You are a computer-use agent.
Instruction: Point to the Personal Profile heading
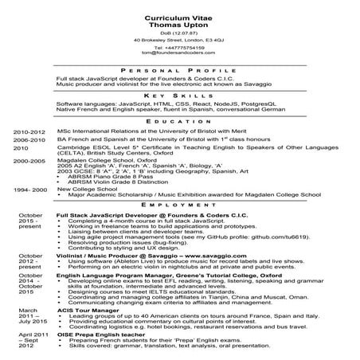179,70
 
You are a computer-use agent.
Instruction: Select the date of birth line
180,32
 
